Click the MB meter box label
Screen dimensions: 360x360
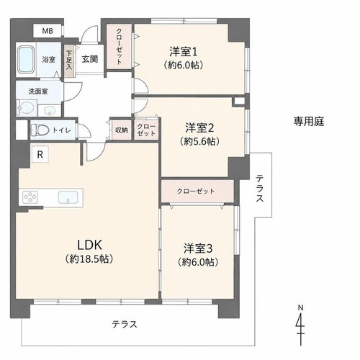point(48,31)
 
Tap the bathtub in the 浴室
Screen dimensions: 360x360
point(27,60)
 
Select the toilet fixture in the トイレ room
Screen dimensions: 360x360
point(40,130)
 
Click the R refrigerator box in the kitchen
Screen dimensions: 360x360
point(40,155)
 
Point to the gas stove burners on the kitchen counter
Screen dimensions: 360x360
point(30,197)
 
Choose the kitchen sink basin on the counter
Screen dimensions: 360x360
point(68,197)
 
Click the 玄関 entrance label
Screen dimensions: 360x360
point(90,59)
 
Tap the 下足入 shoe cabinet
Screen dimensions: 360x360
point(69,61)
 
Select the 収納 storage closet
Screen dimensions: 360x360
point(122,130)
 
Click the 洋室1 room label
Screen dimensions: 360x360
point(184,52)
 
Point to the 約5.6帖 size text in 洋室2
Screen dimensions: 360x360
point(199,142)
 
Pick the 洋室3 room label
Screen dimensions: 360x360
point(198,248)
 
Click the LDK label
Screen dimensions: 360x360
point(89,245)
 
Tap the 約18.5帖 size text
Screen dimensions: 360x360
point(89,259)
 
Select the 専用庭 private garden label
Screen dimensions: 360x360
point(309,122)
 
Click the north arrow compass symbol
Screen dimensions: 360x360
point(300,325)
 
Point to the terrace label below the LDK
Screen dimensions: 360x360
point(125,325)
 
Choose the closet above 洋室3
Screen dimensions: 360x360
point(197,192)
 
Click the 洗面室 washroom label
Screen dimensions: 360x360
point(38,91)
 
